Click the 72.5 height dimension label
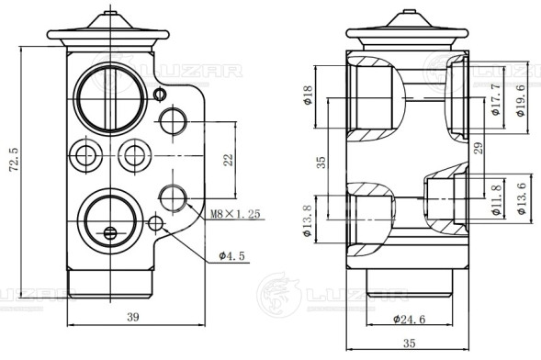pyautogui.click(x=14, y=160)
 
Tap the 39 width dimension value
pyautogui.click(x=133, y=317)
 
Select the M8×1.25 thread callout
pyautogui.click(x=235, y=214)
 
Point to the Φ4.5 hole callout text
pyautogui.click(x=231, y=256)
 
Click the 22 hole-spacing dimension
pyautogui.click(x=228, y=160)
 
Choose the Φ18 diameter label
pyautogui.click(x=308, y=95)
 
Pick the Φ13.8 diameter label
pyautogui.click(x=307, y=220)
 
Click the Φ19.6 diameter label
pyautogui.click(x=521, y=100)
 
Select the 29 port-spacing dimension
pyautogui.click(x=479, y=148)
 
